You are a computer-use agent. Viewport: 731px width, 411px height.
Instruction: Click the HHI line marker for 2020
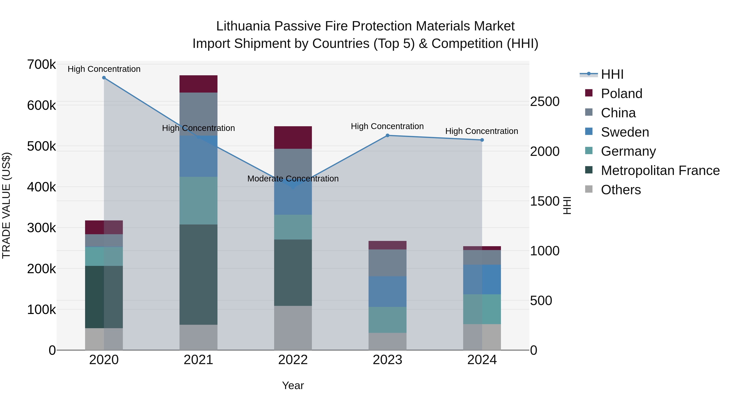(104, 78)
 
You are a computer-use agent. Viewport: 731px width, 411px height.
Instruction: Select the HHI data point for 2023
(387, 136)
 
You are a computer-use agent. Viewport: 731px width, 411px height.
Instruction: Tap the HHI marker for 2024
(482, 140)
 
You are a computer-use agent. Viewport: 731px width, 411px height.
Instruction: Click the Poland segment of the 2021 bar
(198, 84)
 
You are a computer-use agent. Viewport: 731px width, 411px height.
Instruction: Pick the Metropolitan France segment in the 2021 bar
(198, 275)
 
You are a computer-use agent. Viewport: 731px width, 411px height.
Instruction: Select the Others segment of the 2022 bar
(293, 328)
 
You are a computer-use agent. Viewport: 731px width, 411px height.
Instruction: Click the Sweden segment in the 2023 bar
(387, 292)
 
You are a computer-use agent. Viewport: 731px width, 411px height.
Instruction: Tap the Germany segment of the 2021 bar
(198, 201)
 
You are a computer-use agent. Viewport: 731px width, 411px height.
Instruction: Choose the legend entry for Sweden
(625, 132)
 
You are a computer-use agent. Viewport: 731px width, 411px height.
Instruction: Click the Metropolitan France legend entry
(660, 170)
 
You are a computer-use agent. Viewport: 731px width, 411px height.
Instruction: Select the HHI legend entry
(612, 74)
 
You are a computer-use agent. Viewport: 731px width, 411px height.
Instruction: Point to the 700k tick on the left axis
(41, 65)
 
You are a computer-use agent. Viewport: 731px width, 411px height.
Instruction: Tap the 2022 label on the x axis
(293, 360)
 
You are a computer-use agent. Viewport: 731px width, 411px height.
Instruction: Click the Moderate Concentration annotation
(293, 179)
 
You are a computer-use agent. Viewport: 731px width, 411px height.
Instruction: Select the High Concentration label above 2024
(482, 131)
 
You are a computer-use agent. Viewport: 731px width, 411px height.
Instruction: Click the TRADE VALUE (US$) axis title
(6, 205)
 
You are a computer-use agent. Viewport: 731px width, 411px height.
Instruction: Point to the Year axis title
(293, 385)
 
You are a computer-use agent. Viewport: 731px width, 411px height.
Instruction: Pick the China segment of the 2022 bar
(293, 163)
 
